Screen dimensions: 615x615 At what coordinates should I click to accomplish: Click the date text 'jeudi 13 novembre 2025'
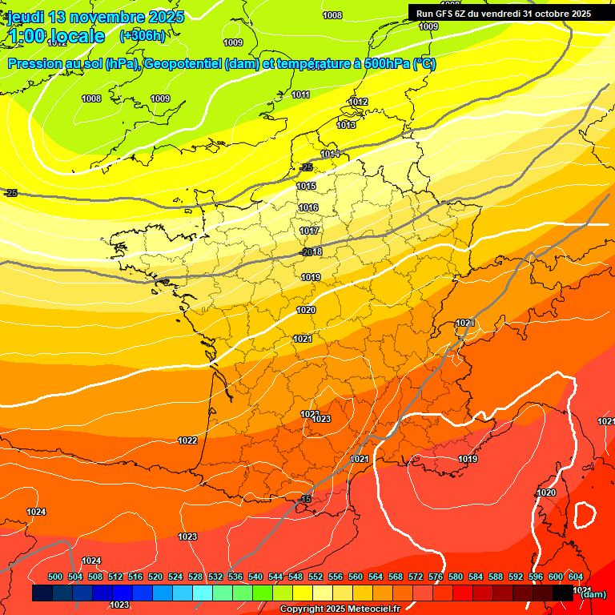pos(96,17)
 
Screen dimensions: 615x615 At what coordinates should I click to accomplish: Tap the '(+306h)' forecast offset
pos(143,35)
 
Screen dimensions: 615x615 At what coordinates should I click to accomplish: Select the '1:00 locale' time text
pos(57,36)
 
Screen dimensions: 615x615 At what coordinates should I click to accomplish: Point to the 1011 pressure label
pos(300,94)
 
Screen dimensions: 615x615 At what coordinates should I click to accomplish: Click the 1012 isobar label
pos(358,102)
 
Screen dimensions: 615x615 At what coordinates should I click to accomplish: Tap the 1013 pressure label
pos(346,125)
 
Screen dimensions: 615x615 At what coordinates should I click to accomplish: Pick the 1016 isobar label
pos(308,207)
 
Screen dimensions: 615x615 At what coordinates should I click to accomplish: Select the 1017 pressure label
pos(309,231)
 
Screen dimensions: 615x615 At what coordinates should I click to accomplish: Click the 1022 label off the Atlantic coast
pos(187,440)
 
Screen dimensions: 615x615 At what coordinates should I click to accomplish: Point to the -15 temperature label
pos(304,499)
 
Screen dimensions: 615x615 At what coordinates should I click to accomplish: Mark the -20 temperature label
pos(305,252)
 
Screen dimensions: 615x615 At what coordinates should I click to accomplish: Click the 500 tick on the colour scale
pos(55,577)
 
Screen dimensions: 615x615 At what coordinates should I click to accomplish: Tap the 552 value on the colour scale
pos(316,577)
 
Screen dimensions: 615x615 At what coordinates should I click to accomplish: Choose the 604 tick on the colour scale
pos(575,577)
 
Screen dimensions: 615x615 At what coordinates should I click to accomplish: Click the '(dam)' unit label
pos(593,593)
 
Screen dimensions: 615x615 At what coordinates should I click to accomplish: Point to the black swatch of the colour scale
pos(563,593)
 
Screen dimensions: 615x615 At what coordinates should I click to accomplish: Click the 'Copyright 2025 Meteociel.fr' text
pos(340,609)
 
